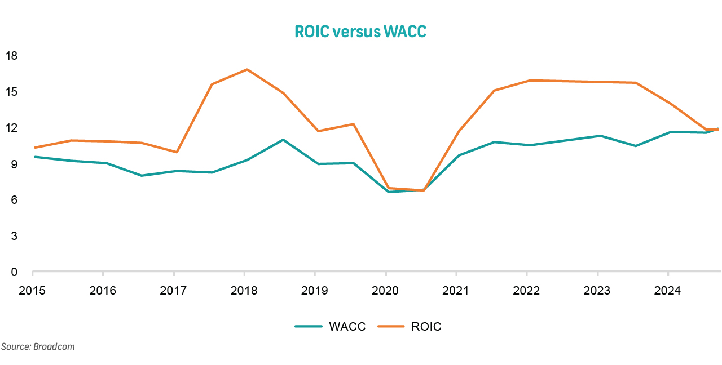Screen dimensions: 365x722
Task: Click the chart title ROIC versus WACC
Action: pyautogui.click(x=360, y=32)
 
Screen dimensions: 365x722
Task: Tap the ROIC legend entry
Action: pyautogui.click(x=426, y=327)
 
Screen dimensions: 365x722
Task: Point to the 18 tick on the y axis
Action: pyautogui.click(x=12, y=56)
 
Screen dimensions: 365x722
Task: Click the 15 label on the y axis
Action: pyautogui.click(x=12, y=92)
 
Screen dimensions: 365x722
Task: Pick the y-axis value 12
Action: pyautogui.click(x=12, y=128)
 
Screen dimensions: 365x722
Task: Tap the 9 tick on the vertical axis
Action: pyautogui.click(x=14, y=164)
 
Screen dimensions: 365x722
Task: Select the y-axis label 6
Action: pyautogui.click(x=14, y=200)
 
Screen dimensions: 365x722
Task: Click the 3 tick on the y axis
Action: pyautogui.click(x=14, y=236)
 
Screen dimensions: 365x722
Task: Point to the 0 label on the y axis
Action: pyautogui.click(x=14, y=272)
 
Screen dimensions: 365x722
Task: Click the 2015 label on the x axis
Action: pyautogui.click(x=32, y=291)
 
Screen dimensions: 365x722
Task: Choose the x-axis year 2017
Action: pyautogui.click(x=173, y=291)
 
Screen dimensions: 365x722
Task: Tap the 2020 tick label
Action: pyautogui.click(x=385, y=291)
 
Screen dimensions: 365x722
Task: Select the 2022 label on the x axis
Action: pyautogui.click(x=526, y=291)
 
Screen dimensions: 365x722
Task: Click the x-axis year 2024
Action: pyautogui.click(x=667, y=291)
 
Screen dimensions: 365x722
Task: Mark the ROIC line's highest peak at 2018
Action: pyautogui.click(x=246, y=70)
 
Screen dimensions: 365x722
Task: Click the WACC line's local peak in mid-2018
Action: pyautogui.click(x=283, y=140)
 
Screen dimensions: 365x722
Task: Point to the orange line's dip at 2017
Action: pyautogui.click(x=177, y=152)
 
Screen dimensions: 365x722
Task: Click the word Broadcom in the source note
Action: pyautogui.click(x=54, y=347)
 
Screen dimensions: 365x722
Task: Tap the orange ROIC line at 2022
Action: pyautogui.click(x=527, y=81)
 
